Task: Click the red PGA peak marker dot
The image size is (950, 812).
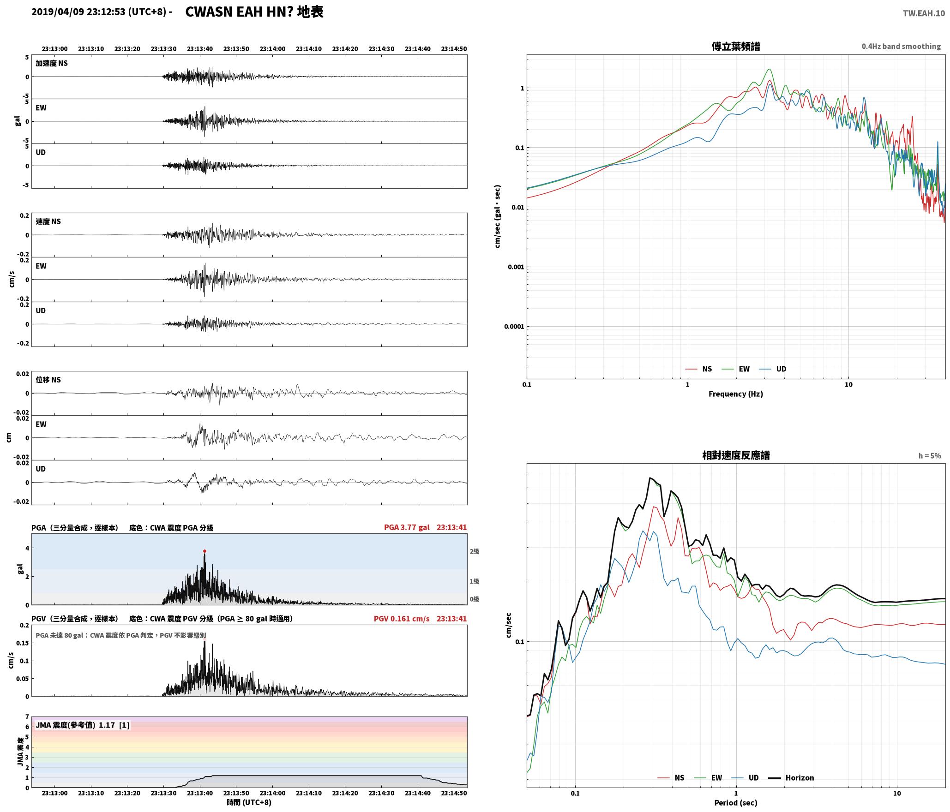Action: (x=204, y=551)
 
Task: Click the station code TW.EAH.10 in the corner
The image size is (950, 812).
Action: (x=924, y=13)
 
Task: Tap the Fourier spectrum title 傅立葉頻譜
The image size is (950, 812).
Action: (x=736, y=46)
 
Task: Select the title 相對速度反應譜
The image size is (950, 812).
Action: (x=736, y=455)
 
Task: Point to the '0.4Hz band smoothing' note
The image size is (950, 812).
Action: (x=901, y=46)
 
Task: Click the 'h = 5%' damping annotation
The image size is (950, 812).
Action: (x=929, y=455)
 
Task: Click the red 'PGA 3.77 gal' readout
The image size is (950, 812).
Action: (x=407, y=527)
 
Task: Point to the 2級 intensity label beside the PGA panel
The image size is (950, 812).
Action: (x=474, y=551)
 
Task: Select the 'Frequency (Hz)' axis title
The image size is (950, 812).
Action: (x=736, y=394)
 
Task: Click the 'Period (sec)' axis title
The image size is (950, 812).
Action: (x=736, y=802)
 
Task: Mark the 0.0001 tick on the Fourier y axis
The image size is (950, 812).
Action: (x=514, y=327)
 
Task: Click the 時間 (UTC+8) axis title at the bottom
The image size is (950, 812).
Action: (x=249, y=802)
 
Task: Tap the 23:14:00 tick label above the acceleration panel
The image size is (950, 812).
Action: (x=272, y=48)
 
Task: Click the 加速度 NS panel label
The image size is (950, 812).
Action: (x=52, y=63)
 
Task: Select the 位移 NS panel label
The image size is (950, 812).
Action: (x=48, y=380)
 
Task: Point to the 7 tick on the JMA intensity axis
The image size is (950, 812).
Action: (x=27, y=716)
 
